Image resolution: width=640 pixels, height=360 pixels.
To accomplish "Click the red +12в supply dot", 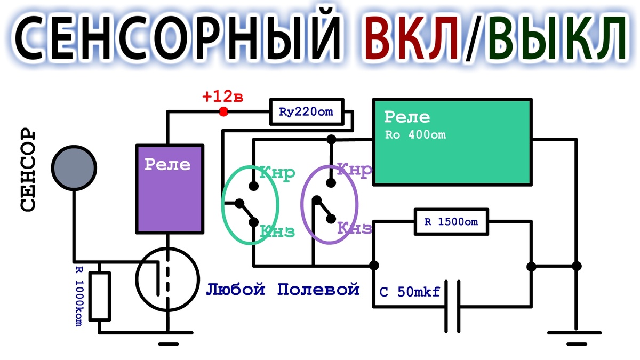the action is click(x=223, y=111).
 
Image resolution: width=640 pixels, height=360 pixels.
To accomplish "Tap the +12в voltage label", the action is click(x=222, y=97).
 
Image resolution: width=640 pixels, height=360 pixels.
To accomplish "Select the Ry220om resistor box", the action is click(x=307, y=112).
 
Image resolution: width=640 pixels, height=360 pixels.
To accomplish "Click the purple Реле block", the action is click(x=170, y=189).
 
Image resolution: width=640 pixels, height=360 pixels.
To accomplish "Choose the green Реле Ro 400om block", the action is click(x=452, y=142).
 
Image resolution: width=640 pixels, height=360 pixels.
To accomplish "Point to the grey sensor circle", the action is click(x=74, y=168).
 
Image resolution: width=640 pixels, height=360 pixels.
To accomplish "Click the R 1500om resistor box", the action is click(x=451, y=222).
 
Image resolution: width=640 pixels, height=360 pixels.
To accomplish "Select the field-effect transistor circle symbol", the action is click(x=167, y=279).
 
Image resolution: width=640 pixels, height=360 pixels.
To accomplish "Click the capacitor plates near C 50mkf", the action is click(x=452, y=307).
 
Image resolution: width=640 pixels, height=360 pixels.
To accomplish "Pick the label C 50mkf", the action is click(x=410, y=292).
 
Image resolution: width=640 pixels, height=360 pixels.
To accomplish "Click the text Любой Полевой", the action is click(x=283, y=290).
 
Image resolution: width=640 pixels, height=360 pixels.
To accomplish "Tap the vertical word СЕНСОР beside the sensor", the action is click(x=28, y=170).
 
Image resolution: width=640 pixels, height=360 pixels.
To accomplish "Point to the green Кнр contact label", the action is click(x=277, y=173).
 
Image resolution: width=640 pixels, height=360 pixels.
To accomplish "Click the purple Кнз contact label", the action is click(x=355, y=228).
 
